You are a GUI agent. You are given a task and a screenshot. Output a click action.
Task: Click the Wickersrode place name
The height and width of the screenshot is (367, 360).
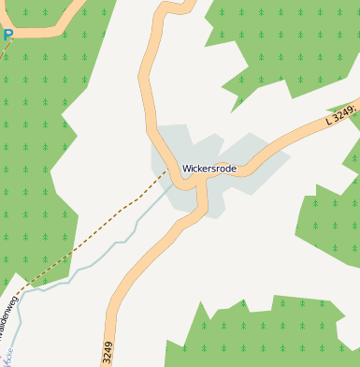pyautogui.click(x=209, y=169)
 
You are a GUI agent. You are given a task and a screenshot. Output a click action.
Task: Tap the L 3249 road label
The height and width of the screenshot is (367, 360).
pyautogui.click(x=342, y=115)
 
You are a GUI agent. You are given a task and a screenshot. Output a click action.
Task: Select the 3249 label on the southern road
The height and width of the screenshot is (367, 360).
pyautogui.click(x=108, y=352)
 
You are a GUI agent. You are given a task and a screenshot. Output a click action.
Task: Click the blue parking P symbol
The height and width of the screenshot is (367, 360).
pyautogui.click(x=7, y=36)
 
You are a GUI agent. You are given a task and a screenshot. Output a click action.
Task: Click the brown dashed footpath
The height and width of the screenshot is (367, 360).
pyautogui.click(x=103, y=225)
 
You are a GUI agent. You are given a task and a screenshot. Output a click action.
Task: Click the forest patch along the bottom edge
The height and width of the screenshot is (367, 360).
pyautogui.click(x=262, y=337)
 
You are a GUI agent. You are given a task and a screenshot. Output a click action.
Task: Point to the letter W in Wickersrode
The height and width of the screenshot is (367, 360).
pyautogui.click(x=186, y=169)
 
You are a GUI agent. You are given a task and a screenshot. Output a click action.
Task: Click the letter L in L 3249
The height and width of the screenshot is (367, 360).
pyautogui.click(x=329, y=121)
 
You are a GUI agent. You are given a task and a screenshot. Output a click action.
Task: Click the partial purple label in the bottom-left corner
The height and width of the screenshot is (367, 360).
pyautogui.click(x=6, y=356)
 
